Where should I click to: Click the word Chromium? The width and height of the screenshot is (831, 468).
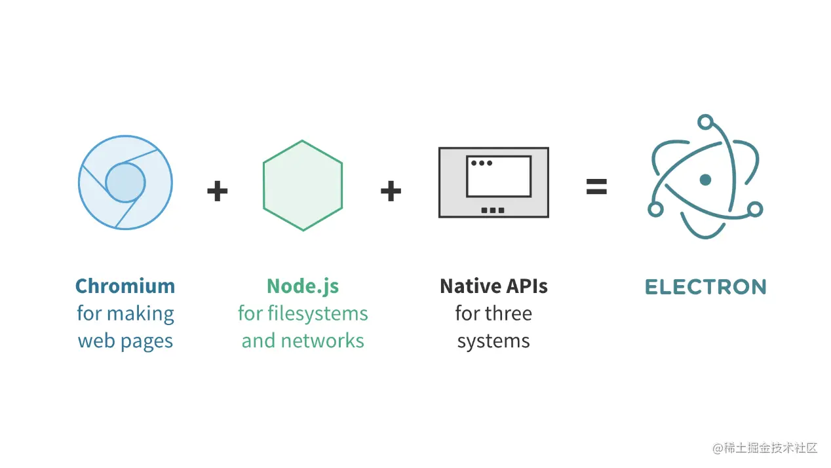tap(125, 286)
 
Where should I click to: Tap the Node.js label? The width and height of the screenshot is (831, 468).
tap(303, 287)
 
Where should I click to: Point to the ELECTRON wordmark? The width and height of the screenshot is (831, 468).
tap(706, 287)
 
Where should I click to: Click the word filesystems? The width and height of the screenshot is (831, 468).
tap(318, 314)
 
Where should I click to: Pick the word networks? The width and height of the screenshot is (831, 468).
tap(322, 341)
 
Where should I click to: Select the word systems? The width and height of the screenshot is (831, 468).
tap(493, 341)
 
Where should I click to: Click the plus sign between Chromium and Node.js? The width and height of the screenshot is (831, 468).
tap(218, 191)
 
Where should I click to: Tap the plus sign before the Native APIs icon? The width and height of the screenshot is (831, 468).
tap(391, 191)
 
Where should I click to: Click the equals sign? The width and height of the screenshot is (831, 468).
tap(596, 187)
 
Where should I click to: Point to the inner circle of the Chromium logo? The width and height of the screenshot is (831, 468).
tap(125, 183)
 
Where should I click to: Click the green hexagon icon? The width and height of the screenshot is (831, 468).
tap(303, 185)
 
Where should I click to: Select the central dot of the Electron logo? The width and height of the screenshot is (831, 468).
tap(705, 180)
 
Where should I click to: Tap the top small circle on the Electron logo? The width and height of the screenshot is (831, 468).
tap(705, 122)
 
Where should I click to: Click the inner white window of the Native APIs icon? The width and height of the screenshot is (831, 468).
tap(499, 176)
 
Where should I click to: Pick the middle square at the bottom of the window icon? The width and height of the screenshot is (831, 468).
tap(493, 210)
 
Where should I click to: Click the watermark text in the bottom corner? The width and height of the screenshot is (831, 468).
tap(765, 448)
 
